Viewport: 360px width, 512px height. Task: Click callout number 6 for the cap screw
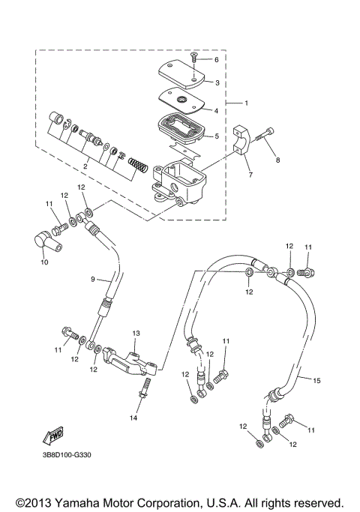pos(217,59)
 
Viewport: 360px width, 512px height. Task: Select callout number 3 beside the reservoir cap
pos(217,82)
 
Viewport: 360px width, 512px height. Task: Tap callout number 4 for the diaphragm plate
pos(217,110)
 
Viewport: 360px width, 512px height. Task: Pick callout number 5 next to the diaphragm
pos(217,136)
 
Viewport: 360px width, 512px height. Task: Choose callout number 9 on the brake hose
pos(94,280)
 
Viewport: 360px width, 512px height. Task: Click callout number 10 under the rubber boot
pos(43,263)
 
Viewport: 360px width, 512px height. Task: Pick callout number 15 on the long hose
pos(316,381)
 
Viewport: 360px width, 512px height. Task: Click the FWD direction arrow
pos(52,436)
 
